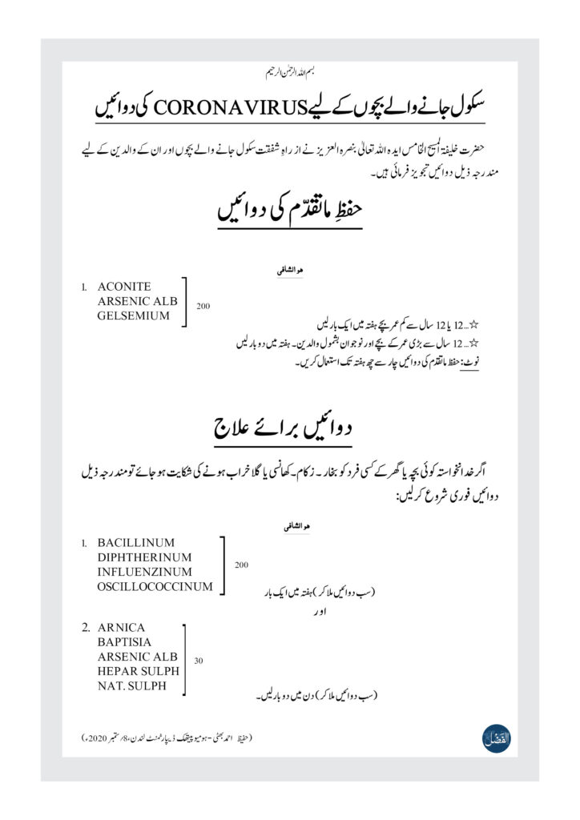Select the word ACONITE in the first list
tap(123, 286)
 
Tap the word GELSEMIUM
tap(134, 316)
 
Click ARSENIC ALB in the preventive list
tap(137, 301)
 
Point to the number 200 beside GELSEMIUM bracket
tap(203, 306)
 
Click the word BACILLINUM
tap(135, 542)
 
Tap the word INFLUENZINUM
tap(144, 572)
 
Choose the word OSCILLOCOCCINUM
tap(155, 587)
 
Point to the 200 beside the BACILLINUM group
tap(241, 565)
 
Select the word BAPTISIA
tap(125, 642)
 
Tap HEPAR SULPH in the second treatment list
tap(138, 672)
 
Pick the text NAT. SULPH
tap(132, 686)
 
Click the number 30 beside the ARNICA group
tap(198, 661)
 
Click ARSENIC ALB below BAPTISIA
tap(137, 657)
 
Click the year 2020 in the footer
tap(98, 736)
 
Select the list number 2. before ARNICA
tap(85, 627)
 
